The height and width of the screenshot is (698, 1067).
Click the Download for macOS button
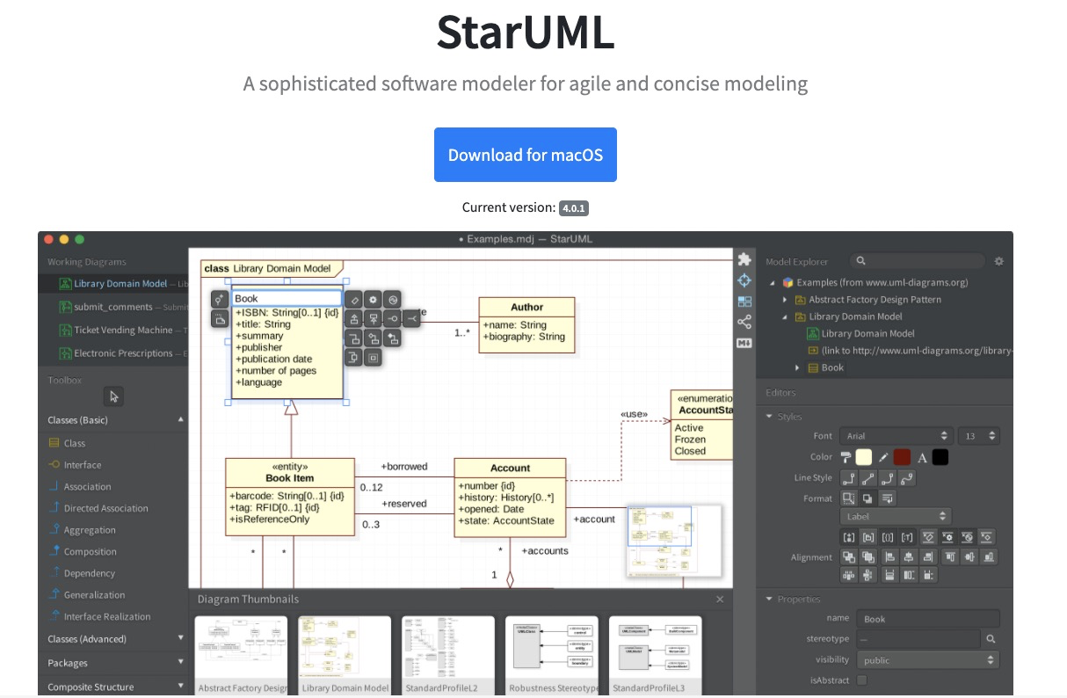click(x=525, y=155)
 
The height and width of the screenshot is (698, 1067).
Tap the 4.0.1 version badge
click(x=573, y=208)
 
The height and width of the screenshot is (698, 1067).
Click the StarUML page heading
click(x=525, y=33)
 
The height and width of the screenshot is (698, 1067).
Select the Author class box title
click(x=526, y=307)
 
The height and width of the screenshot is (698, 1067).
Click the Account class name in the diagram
click(x=510, y=468)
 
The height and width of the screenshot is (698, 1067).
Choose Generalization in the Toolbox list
click(x=94, y=595)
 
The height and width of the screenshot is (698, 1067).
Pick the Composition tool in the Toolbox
click(x=90, y=552)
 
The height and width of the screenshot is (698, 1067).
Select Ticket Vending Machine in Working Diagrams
click(x=123, y=330)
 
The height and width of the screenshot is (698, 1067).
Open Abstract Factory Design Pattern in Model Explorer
click(x=875, y=300)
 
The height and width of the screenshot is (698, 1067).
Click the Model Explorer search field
click(x=918, y=261)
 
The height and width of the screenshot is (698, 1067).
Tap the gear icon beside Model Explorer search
click(x=998, y=261)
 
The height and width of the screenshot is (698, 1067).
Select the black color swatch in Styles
click(x=940, y=457)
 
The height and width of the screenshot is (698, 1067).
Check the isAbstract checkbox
click(x=862, y=680)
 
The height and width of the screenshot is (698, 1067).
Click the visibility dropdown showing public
click(x=928, y=660)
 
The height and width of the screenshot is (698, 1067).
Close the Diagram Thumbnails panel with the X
click(x=720, y=600)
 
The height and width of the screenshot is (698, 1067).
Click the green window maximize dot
click(x=79, y=239)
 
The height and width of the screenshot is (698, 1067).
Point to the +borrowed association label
click(x=403, y=466)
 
